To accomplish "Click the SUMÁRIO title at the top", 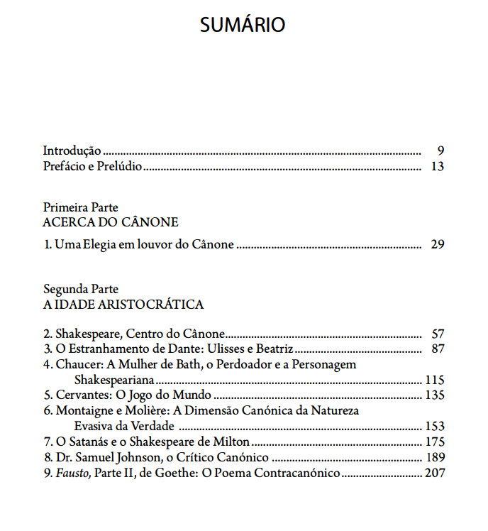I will coord(243,25).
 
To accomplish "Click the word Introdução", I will coord(72,150).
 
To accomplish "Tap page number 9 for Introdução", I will coord(440,150).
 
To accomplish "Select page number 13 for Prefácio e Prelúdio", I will coord(437,167).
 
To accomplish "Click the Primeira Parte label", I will coord(80,207).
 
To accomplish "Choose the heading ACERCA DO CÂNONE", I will coord(110,222).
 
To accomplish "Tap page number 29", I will coord(437,245).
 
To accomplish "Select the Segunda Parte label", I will coord(80,290).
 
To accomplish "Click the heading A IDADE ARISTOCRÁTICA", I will coord(123,305).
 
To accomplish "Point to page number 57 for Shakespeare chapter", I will coord(437,334).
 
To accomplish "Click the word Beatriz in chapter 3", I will coord(274,349).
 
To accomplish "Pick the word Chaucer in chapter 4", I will coord(77,364).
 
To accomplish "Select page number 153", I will coord(434,426).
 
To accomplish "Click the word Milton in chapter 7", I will coord(230,442).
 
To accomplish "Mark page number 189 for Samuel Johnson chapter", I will coord(434,457).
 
